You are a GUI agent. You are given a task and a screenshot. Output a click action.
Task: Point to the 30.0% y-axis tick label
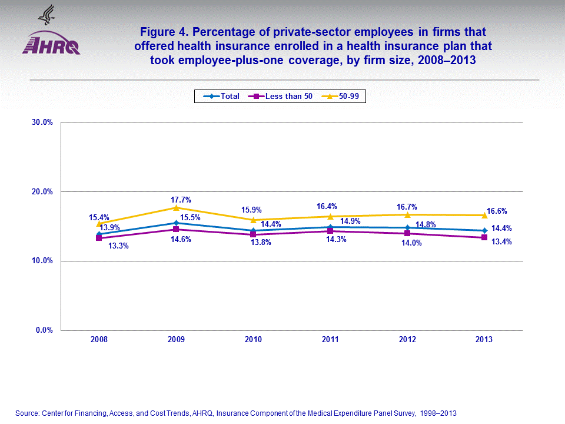[x=42, y=122]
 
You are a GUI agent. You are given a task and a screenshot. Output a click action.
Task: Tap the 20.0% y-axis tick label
[x=42, y=192]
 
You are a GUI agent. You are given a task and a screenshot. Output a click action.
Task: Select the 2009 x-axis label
[x=176, y=340]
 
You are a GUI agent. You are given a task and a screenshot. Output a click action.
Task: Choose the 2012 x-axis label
[x=407, y=340]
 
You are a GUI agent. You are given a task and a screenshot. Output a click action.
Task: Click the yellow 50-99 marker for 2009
[x=176, y=208]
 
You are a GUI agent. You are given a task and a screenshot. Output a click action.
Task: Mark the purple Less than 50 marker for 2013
[x=484, y=237]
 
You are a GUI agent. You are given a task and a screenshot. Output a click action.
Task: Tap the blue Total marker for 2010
[x=253, y=231]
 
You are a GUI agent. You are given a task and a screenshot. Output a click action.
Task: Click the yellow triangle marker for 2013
[x=484, y=215]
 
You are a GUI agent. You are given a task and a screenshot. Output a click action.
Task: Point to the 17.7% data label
[x=181, y=200]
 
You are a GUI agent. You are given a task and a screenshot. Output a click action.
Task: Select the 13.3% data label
[x=118, y=246]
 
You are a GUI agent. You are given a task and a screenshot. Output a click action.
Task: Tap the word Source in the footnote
[x=26, y=413]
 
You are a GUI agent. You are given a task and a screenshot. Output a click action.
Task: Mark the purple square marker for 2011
[x=330, y=231]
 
